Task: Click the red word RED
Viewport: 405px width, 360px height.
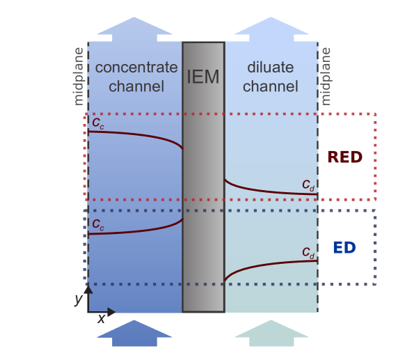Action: click(344, 157)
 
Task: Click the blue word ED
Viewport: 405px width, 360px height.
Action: click(344, 247)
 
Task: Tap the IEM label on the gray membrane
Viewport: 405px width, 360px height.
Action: click(203, 77)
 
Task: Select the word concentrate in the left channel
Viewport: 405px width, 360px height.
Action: click(136, 68)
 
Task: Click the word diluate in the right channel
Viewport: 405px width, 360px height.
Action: click(271, 68)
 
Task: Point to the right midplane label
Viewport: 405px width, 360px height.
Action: click(326, 77)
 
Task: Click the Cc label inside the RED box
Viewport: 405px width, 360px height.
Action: click(99, 123)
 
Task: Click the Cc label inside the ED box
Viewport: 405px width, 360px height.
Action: click(99, 224)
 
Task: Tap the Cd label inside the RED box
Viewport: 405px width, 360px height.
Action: click(308, 185)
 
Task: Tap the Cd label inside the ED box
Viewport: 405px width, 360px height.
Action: click(308, 252)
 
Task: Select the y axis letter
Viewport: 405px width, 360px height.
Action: click(78, 299)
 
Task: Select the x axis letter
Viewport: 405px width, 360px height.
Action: click(102, 318)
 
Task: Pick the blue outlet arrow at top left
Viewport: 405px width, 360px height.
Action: click(134, 28)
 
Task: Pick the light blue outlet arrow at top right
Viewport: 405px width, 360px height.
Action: click(271, 28)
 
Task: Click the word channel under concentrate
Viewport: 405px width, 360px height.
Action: click(136, 86)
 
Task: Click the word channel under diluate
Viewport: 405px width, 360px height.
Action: click(271, 86)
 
